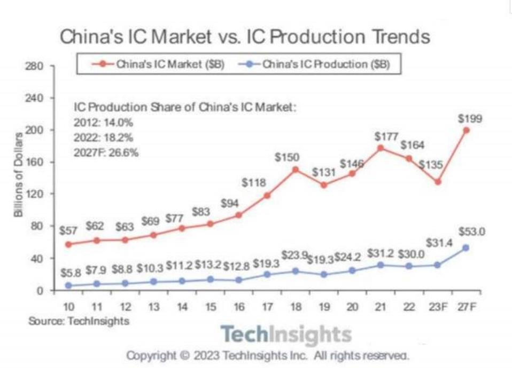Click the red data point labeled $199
(x=467, y=130)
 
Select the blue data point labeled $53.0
(x=467, y=247)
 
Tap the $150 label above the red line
(x=287, y=157)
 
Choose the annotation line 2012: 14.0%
(x=103, y=123)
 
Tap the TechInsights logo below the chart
(x=286, y=335)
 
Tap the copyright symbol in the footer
(x=184, y=355)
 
